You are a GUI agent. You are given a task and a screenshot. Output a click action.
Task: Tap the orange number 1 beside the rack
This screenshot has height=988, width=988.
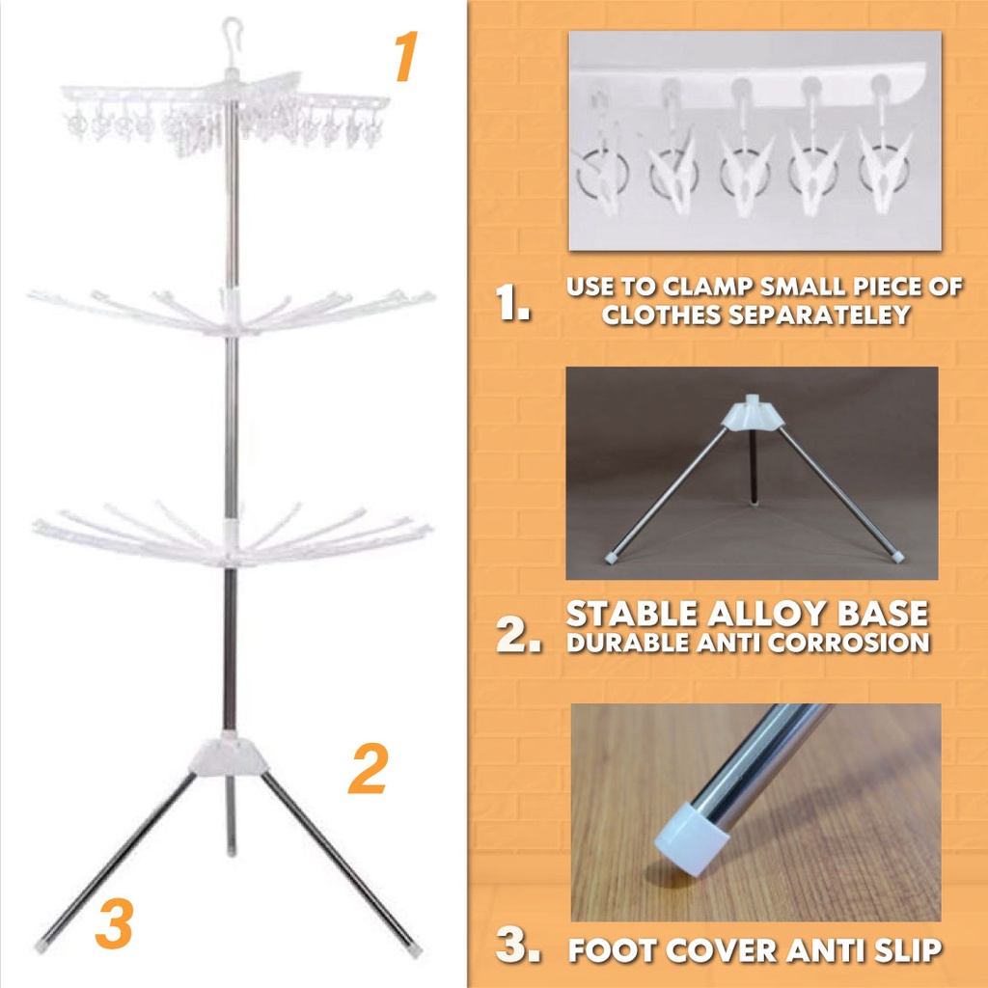[x=406, y=57]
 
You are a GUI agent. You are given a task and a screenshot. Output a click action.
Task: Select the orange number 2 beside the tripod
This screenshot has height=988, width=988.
[x=369, y=768]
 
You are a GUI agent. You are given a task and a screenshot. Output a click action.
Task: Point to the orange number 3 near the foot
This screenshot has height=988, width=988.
[x=114, y=923]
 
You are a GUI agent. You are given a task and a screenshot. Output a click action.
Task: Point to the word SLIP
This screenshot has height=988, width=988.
[x=908, y=950]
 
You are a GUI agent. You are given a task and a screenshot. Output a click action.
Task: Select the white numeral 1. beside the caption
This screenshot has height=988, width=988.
[x=512, y=302]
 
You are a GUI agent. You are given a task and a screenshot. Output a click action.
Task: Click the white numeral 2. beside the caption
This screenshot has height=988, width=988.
[x=518, y=634]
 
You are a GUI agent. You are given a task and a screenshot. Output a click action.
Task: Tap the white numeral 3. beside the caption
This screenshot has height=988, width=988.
[x=518, y=945]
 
